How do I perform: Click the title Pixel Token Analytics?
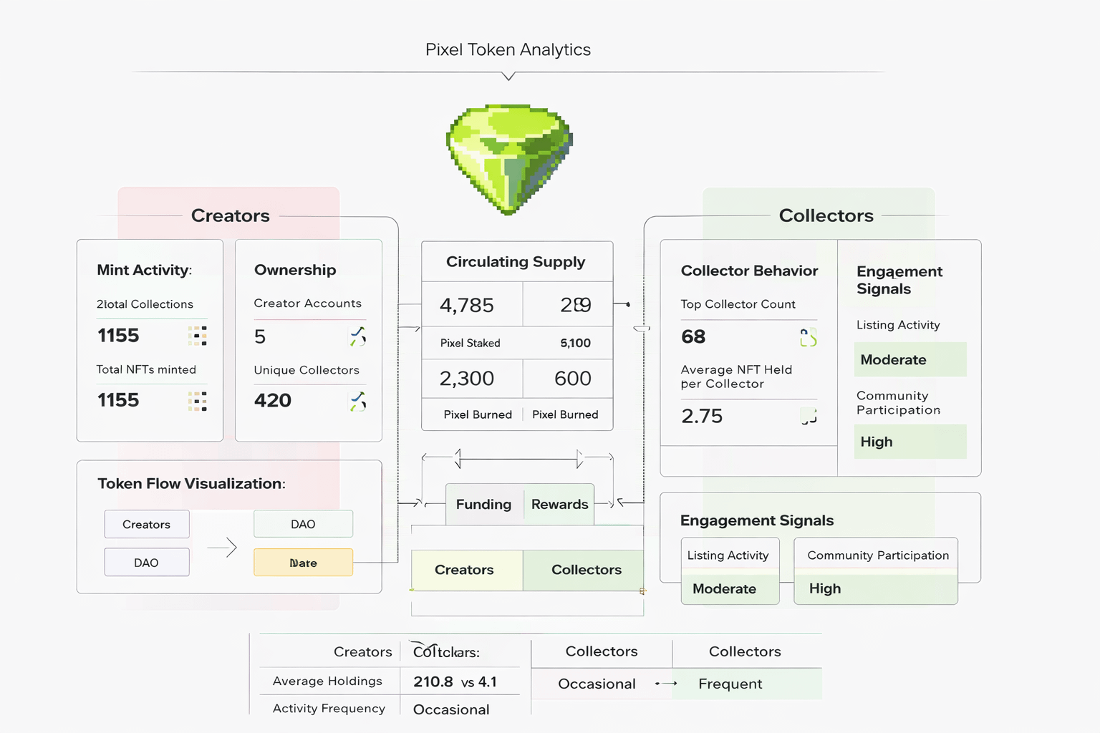click(508, 49)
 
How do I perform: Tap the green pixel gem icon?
click(509, 159)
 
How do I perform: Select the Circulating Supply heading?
click(516, 262)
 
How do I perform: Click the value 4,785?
click(467, 306)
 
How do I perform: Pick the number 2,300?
click(467, 379)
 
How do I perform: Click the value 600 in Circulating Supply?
click(572, 379)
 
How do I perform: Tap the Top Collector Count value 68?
click(693, 336)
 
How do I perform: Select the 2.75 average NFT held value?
click(702, 416)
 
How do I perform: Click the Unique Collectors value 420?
click(273, 400)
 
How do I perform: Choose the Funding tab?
click(483, 505)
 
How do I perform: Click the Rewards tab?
click(559, 505)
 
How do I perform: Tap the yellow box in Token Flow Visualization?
click(303, 563)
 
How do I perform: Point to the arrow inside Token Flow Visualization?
click(223, 548)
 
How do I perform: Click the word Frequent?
click(730, 684)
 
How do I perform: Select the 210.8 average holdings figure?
click(433, 682)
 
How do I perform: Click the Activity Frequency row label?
click(329, 709)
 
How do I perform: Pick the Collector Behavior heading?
click(749, 271)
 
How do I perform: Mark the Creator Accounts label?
click(307, 304)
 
